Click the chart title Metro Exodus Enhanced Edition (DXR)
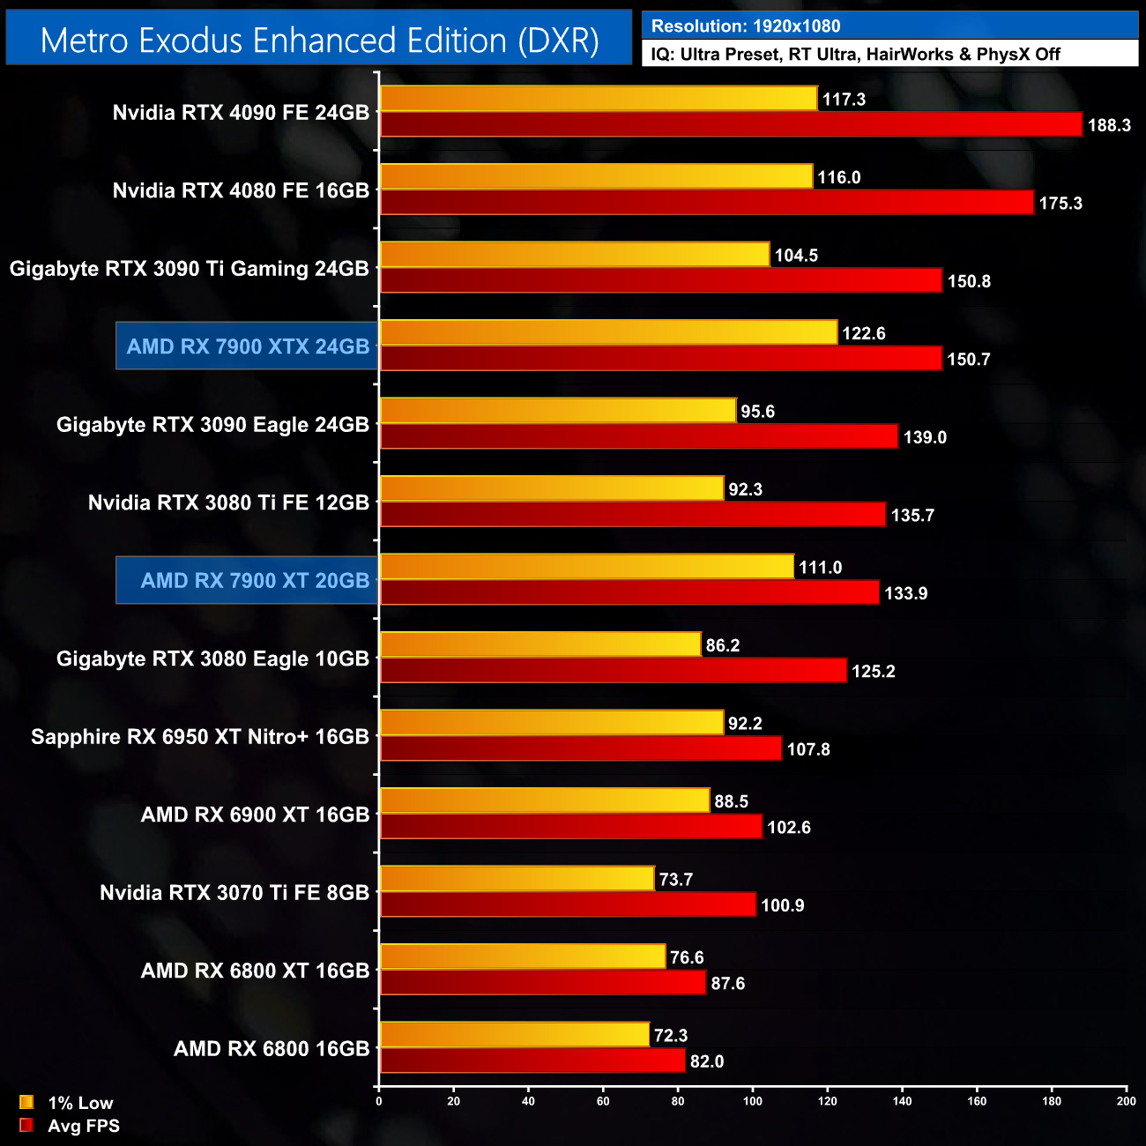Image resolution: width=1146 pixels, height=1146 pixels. pos(319,41)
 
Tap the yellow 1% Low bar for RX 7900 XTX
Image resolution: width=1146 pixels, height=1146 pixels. pos(608,332)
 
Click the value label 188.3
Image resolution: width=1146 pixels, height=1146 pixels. pos(1108,125)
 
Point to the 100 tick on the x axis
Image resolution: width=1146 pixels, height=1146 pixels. pos(753,1100)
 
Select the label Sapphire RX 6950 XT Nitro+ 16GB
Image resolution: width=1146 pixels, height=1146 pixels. pos(200,736)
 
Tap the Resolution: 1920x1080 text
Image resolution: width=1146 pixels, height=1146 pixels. pos(746,26)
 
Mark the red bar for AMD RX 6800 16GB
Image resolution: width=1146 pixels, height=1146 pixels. pos(532,1060)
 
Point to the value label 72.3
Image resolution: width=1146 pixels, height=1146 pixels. pos(670,1035)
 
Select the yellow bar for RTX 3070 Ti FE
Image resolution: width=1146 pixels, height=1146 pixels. pos(517,879)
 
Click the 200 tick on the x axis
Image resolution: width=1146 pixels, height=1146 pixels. pos(1126,1100)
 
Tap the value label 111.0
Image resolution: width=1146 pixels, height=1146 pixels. pos(820,567)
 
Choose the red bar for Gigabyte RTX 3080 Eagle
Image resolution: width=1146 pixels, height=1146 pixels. pos(613,671)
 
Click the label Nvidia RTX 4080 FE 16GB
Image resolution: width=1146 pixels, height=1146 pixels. pos(241,190)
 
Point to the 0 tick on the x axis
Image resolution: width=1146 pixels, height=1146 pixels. pos(379,1100)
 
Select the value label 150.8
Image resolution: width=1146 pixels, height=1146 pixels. pos(968,281)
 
